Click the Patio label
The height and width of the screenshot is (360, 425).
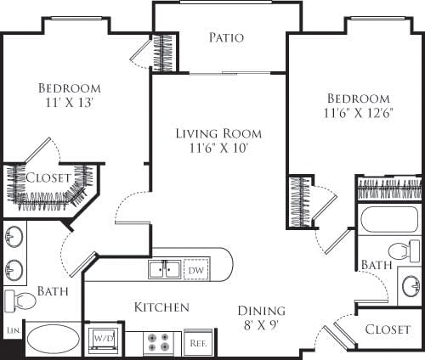pos(226,38)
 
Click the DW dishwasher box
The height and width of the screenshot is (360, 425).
pos(195,269)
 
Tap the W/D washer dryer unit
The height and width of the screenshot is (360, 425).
pos(105,338)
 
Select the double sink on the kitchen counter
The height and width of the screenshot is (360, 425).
pos(163,270)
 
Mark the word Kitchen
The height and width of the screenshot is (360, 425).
pos(161,307)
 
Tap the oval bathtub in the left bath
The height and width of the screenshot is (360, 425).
pos(54,340)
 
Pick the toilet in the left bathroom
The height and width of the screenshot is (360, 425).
pos(20,300)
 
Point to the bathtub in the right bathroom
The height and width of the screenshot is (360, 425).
pos(388,220)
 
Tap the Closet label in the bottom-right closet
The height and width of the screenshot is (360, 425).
pos(388,329)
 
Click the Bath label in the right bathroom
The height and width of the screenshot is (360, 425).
pos(376,265)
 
